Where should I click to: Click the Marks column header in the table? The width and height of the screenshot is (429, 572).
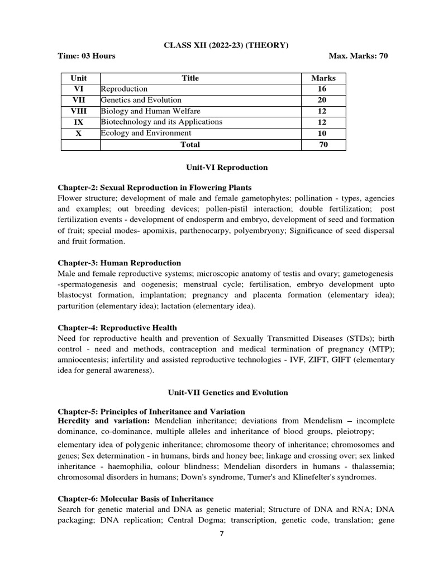(x=323, y=78)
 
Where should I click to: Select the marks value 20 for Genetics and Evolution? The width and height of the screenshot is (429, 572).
(x=323, y=100)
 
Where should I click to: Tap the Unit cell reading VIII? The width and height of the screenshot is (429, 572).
(x=80, y=111)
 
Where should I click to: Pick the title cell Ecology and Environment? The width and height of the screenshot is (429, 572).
(x=146, y=134)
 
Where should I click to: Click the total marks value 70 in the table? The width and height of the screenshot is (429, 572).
(x=323, y=145)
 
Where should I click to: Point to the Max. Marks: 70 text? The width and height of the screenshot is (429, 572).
(x=359, y=56)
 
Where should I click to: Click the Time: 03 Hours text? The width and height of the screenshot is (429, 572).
(x=87, y=56)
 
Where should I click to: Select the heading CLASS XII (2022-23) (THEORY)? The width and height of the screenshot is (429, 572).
(x=226, y=45)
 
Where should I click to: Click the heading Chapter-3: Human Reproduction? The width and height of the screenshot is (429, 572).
(x=120, y=263)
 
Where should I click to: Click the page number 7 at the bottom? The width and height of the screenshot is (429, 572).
(x=222, y=533)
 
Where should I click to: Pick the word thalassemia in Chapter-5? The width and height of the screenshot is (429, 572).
(x=371, y=466)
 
